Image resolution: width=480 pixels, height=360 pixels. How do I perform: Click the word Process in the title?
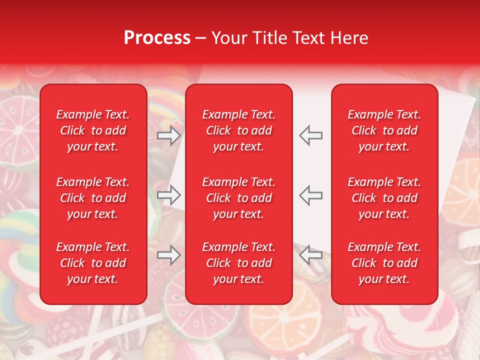pyautogui.click(x=157, y=37)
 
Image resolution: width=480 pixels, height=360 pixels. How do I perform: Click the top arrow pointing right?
pyautogui.click(x=169, y=135)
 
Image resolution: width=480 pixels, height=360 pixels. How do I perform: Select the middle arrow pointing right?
pyautogui.click(x=169, y=195)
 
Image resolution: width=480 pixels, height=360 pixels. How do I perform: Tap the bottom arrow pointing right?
pyautogui.click(x=169, y=255)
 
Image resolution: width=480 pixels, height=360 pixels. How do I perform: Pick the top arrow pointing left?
pyautogui.click(x=311, y=135)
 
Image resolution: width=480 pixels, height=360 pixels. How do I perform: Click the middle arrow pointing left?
pyautogui.click(x=311, y=195)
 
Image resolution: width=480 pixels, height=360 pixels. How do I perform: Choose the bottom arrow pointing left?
pyautogui.click(x=311, y=255)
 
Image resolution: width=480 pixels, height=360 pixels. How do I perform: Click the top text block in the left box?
pyautogui.click(x=93, y=130)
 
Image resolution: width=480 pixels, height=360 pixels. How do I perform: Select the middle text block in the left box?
pyautogui.click(x=93, y=198)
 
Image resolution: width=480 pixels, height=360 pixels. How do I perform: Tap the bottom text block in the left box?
pyautogui.click(x=93, y=263)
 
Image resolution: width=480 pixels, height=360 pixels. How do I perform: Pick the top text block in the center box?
pyautogui.click(x=238, y=130)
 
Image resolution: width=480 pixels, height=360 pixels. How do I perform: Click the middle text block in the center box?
pyautogui.click(x=238, y=198)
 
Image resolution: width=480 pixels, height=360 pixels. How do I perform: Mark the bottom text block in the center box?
pyautogui.click(x=238, y=263)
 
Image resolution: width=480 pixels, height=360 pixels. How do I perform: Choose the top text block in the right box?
pyautogui.click(x=384, y=130)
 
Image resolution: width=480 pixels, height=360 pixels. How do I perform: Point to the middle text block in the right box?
pyautogui.click(x=384, y=198)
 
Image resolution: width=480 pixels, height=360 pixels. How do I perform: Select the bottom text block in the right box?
pyautogui.click(x=384, y=263)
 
